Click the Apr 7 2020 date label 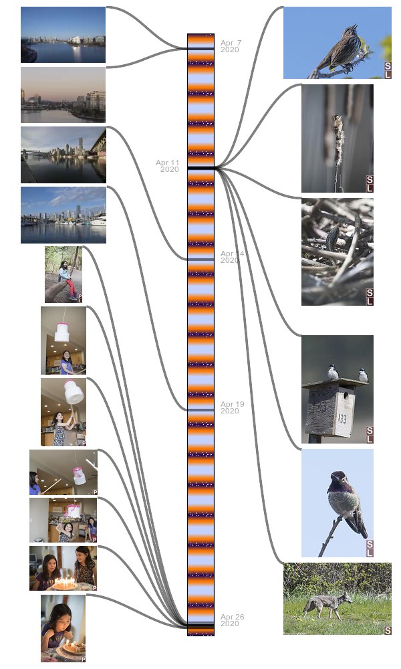click(x=231, y=46)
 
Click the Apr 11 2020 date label click(x=168, y=166)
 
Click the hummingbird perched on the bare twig click(x=344, y=502)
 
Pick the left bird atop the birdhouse click(x=331, y=372)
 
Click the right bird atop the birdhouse click(x=363, y=375)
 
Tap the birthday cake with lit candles click(x=65, y=584)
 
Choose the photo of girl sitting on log click(x=63, y=275)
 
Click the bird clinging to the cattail click(x=338, y=134)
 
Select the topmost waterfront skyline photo click(x=63, y=35)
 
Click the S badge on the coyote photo click(x=388, y=630)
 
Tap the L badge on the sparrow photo click(x=388, y=74)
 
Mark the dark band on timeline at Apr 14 click(x=200, y=259)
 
